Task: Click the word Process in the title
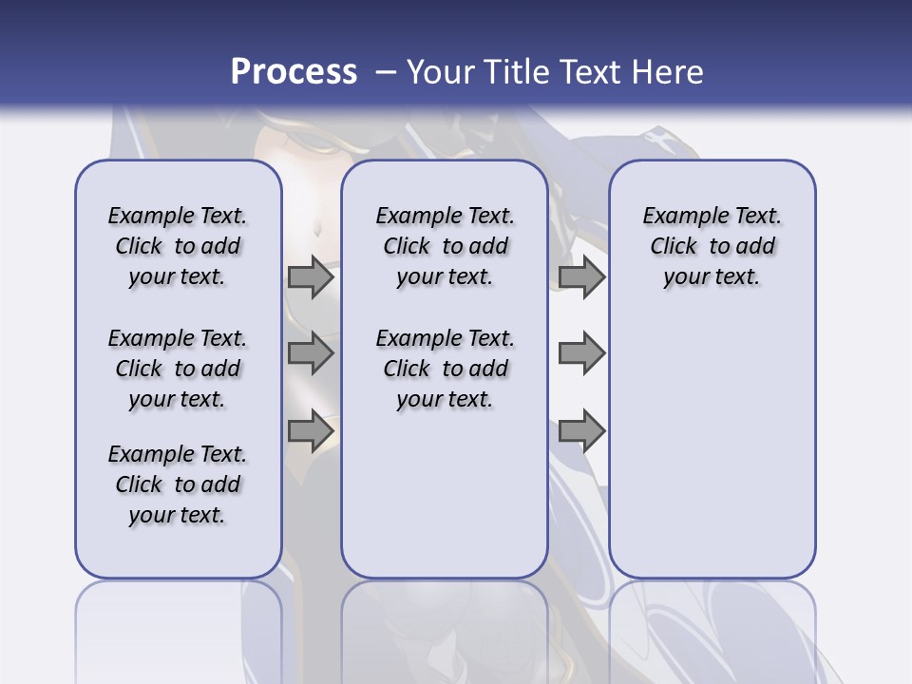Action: coord(294,72)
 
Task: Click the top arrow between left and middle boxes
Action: coord(310,276)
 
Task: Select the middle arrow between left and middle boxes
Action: coord(310,353)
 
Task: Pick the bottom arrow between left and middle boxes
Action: coord(310,430)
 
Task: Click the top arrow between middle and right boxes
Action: coord(581,276)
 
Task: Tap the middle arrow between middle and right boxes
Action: coord(581,353)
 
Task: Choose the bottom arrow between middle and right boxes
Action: coord(581,430)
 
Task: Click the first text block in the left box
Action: coord(178,246)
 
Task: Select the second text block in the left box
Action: coord(178,369)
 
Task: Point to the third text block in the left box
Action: coord(178,484)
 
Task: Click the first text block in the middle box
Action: coord(445,246)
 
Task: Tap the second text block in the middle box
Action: coord(445,369)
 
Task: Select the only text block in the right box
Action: coord(712,246)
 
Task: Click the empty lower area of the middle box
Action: coord(445,494)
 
